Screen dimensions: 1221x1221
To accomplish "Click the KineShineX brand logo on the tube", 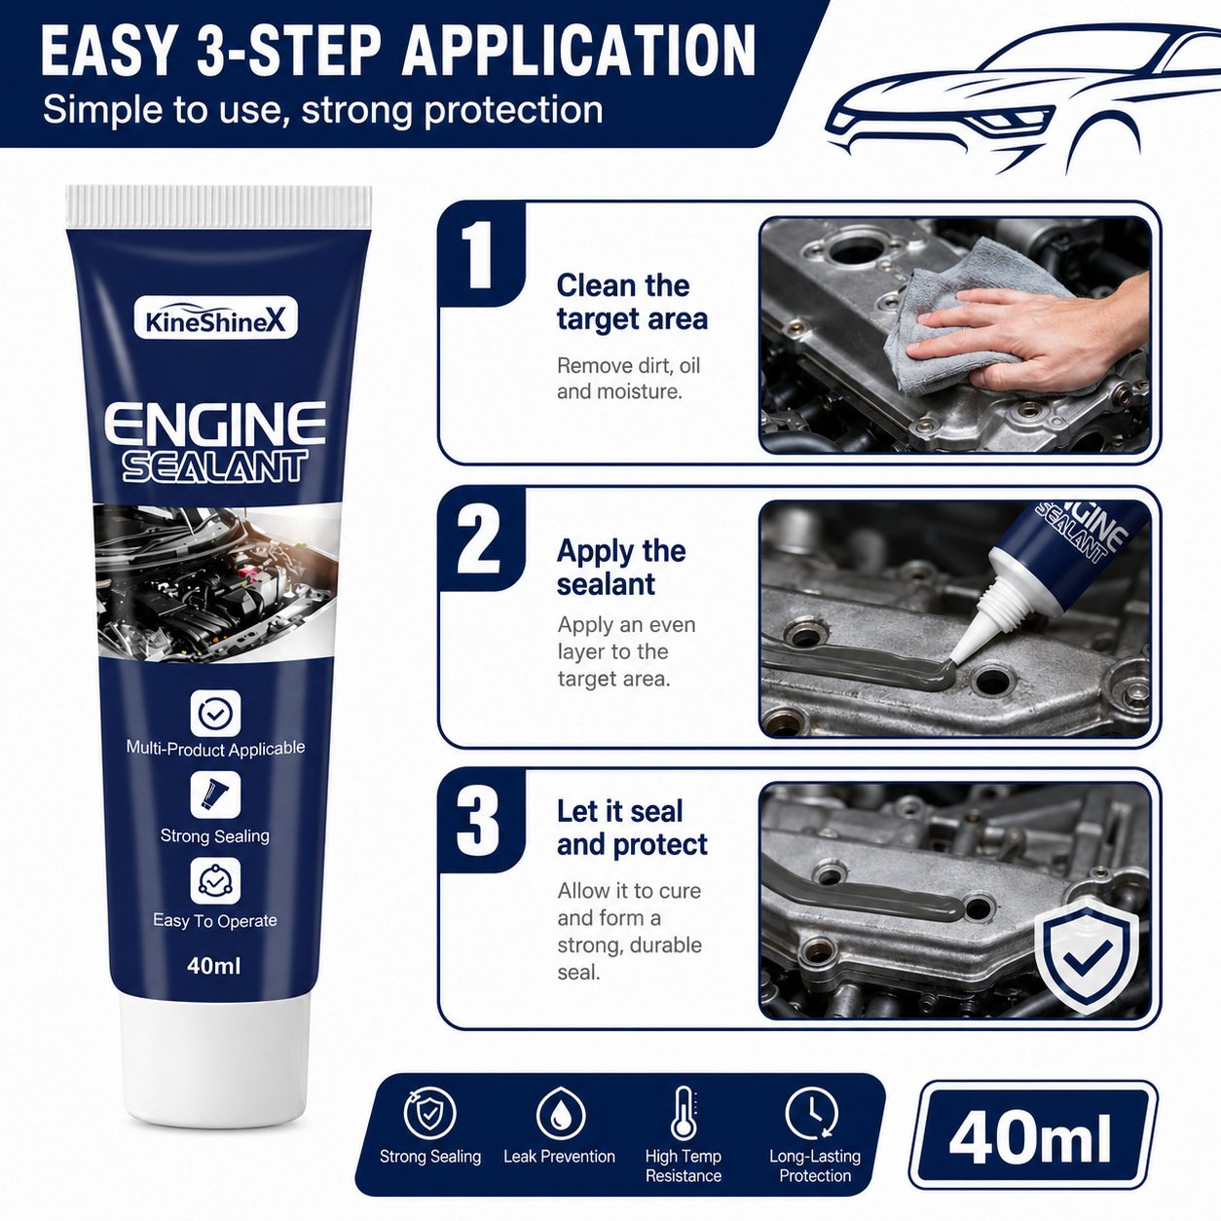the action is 216,318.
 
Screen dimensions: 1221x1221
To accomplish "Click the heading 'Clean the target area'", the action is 632,302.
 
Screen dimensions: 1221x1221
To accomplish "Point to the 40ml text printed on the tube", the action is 213,966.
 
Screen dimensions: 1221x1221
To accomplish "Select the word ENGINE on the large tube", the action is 215,423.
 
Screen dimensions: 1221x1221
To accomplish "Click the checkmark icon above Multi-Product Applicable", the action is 215,714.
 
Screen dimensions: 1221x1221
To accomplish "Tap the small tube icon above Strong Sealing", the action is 215,795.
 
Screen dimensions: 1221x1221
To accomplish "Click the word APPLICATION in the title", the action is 578,50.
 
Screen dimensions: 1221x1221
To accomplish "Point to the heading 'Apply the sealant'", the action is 621,567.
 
